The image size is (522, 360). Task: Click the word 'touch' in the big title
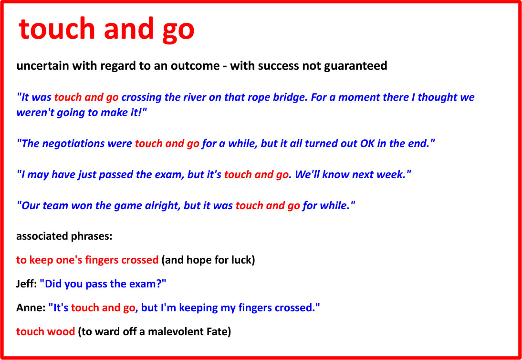[x=57, y=29]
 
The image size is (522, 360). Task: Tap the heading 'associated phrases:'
[x=64, y=237]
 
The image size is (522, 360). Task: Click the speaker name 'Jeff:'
[x=26, y=284]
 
